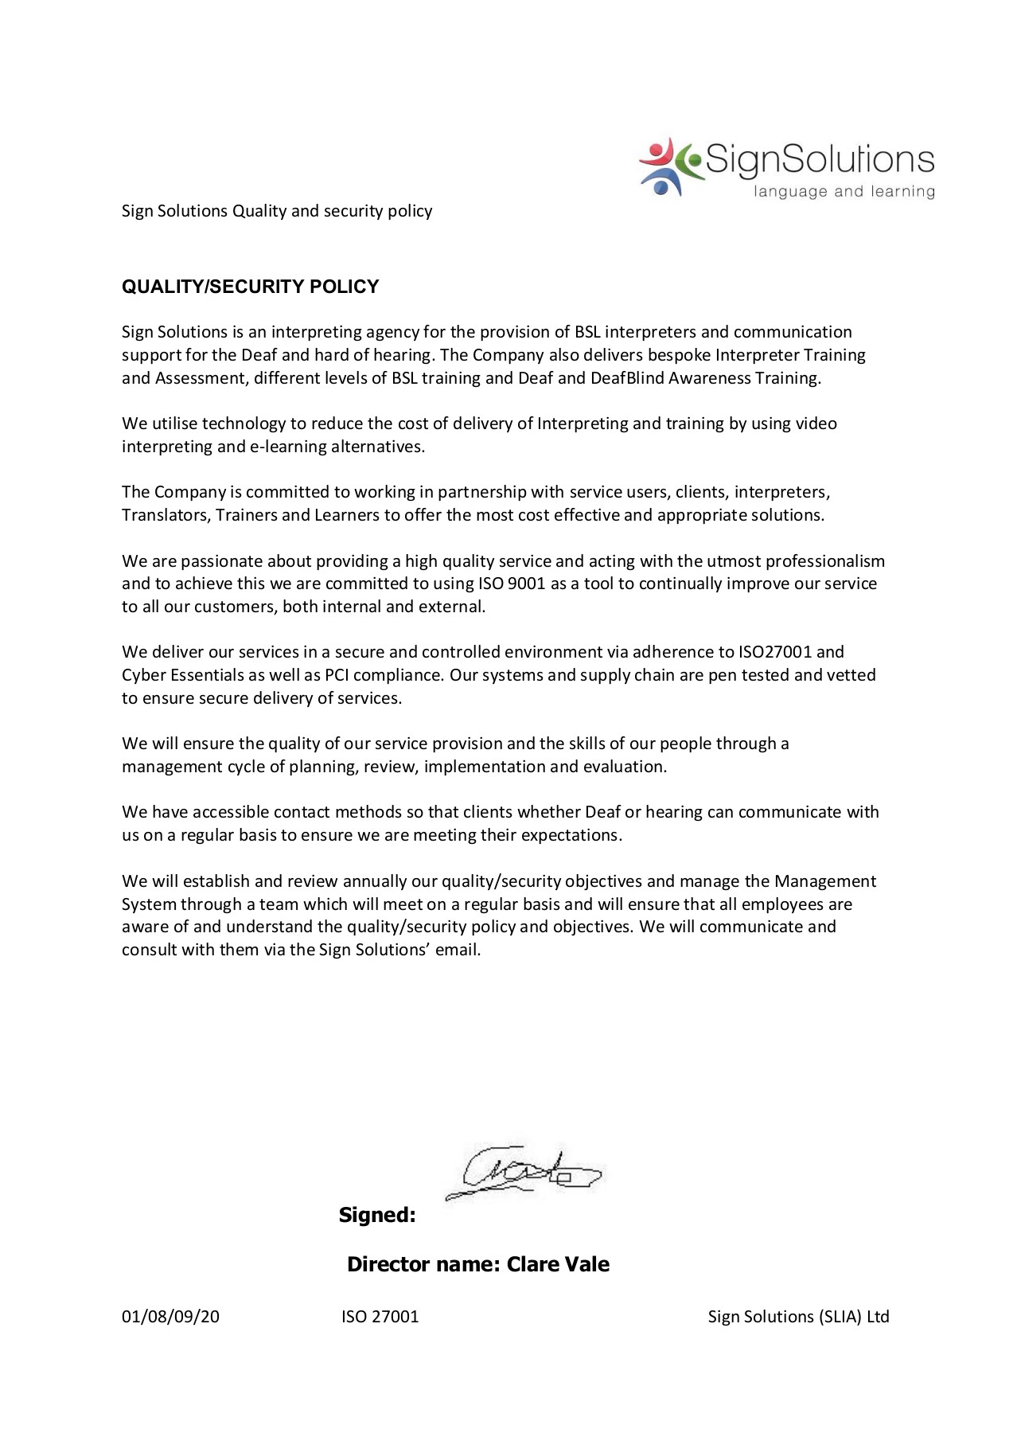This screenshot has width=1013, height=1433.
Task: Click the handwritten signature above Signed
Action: pos(522,1172)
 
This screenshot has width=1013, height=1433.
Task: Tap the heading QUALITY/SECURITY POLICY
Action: pos(250,287)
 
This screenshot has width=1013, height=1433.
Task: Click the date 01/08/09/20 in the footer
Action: pos(170,1316)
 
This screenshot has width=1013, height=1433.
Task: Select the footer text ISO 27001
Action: pos(380,1316)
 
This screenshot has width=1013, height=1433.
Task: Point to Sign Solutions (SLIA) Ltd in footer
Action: pos(798,1316)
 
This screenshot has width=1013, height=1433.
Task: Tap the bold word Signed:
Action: pos(377,1215)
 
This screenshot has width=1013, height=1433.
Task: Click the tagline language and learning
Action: pos(844,191)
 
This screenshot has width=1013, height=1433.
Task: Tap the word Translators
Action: pos(165,515)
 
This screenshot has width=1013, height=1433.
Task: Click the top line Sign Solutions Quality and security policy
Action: pos(277,211)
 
